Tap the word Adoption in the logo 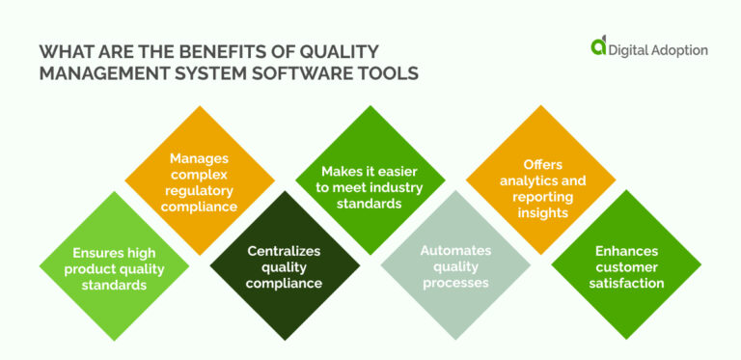672,49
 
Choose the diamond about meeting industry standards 370,180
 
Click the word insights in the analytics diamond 540,213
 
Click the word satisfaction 625,283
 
